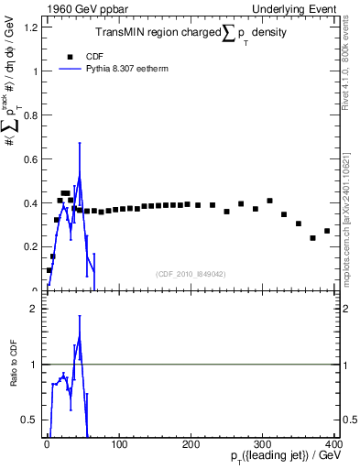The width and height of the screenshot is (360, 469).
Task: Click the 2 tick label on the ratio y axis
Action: pyautogui.click(x=32, y=309)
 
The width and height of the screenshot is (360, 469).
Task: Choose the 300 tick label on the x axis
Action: pyautogui.click(x=265, y=445)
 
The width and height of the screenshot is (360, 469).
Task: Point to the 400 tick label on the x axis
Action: pyautogui.click(x=335, y=445)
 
